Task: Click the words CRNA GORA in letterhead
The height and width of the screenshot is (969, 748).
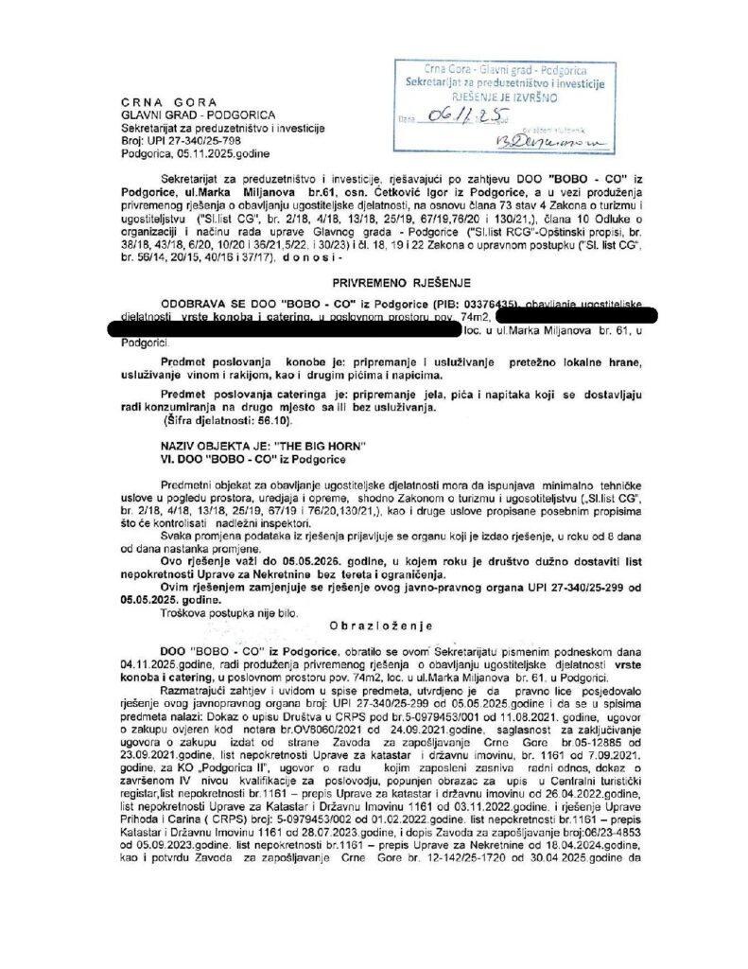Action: point(169,102)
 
